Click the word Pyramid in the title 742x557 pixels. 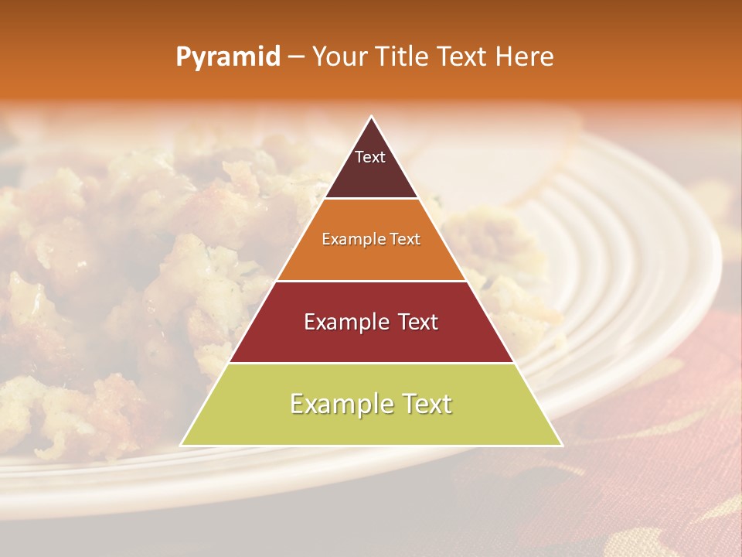(x=228, y=57)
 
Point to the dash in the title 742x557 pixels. (x=296, y=57)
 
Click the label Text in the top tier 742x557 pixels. (x=370, y=157)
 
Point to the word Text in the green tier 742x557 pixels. (x=426, y=404)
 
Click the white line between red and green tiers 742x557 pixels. (x=371, y=363)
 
